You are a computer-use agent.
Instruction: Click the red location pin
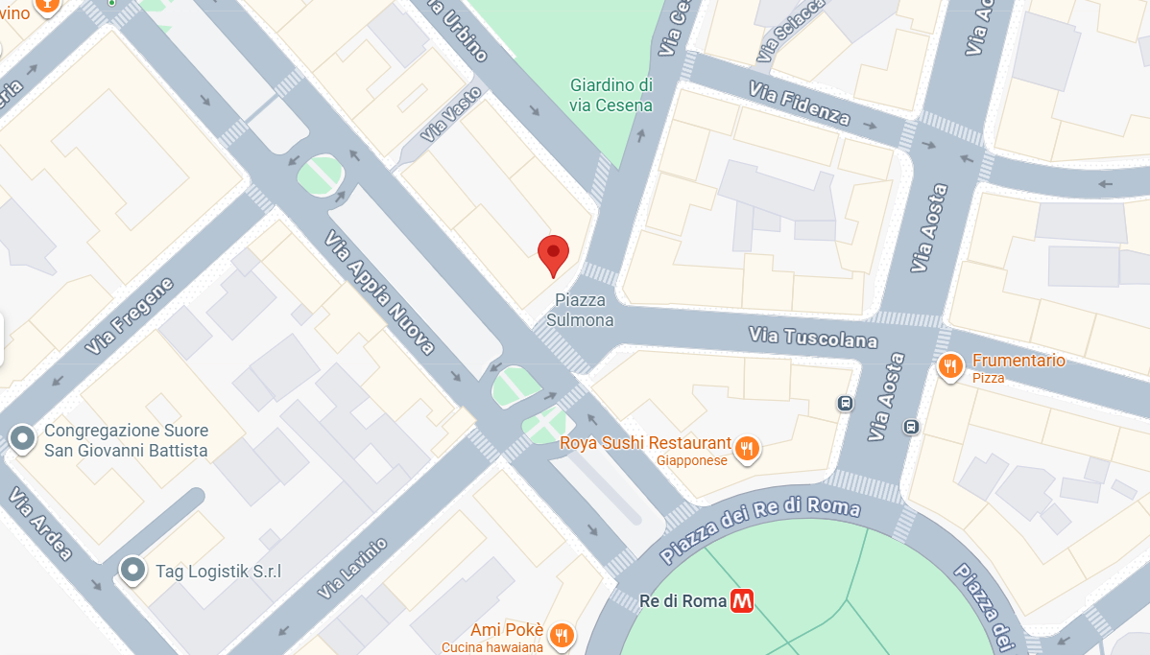553,255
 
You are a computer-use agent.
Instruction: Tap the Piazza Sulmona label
580,310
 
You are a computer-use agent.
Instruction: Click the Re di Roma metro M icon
741,601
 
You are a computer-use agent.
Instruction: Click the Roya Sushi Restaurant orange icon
747,448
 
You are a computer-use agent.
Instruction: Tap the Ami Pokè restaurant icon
563,634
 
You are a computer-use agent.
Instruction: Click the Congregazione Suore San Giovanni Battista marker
22,439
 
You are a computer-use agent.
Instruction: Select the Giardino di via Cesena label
611,95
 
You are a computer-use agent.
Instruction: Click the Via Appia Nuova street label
379,292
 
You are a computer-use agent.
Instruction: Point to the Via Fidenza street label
800,104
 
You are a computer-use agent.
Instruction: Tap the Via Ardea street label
40,524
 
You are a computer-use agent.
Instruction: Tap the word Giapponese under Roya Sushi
692,461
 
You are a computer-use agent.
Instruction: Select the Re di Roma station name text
682,601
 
